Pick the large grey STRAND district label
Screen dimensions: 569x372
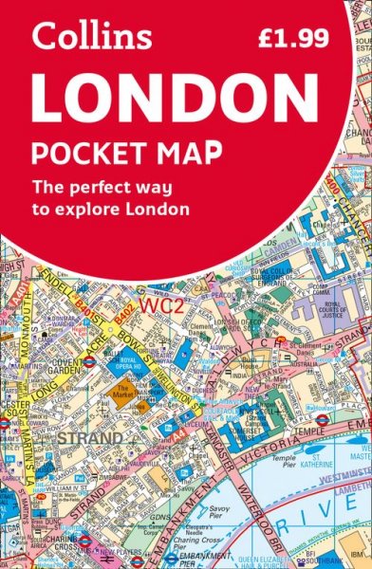89,439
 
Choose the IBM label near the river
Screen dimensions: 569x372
355,549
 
